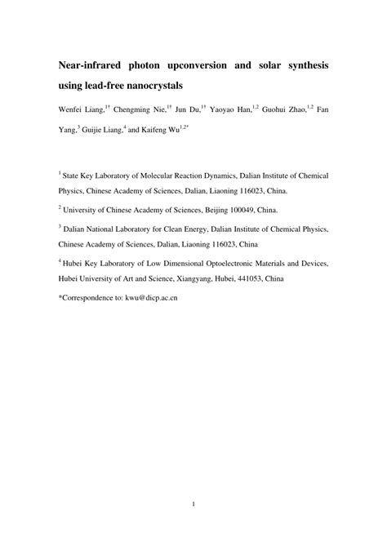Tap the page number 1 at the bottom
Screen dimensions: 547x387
[193, 527]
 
